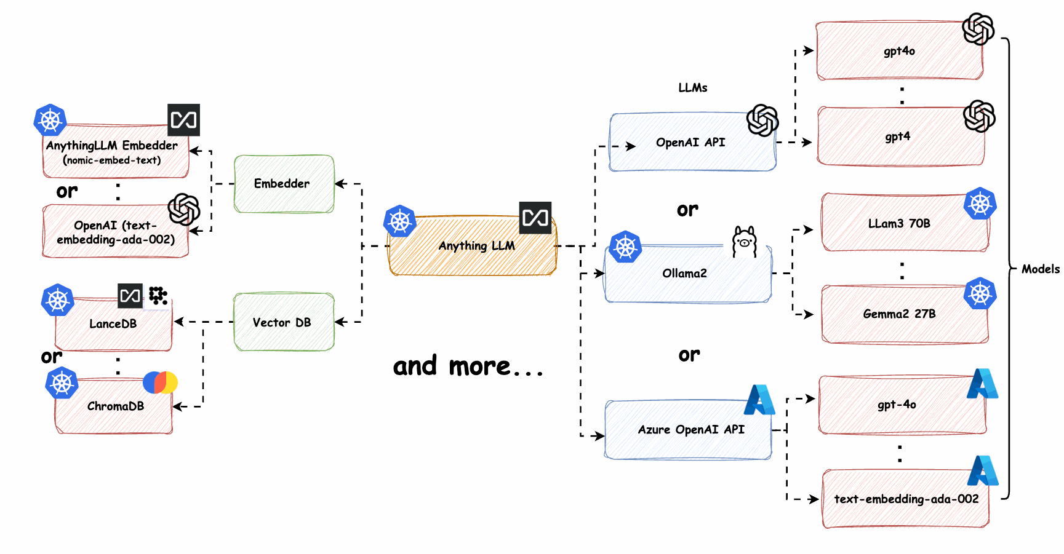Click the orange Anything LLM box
[472, 247]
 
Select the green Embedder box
[284, 184]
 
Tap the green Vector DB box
[284, 322]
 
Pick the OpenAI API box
[691, 143]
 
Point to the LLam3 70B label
[899, 224]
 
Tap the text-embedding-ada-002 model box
[905, 499]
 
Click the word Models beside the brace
[1040, 269]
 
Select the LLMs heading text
[692, 88]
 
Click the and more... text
[468, 366]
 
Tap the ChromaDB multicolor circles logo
[160, 382]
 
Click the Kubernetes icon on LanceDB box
[58, 300]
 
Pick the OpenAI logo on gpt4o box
[978, 29]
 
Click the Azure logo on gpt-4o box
[982, 384]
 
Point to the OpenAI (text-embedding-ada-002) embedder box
[115, 232]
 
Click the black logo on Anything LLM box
[535, 218]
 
